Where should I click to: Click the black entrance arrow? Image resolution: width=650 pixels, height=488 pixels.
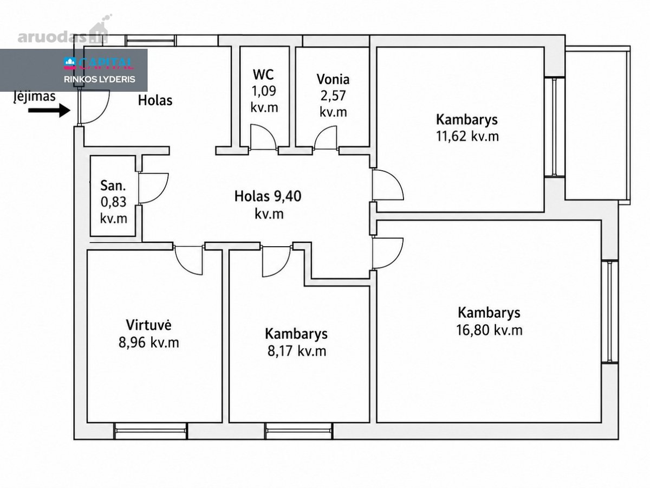pyautogui.click(x=49, y=111)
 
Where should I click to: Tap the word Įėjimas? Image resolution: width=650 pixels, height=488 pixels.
pyautogui.click(x=35, y=97)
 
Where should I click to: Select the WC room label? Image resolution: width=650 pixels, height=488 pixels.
pyautogui.click(x=263, y=75)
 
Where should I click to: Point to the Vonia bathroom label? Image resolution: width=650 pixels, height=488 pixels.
pyautogui.click(x=333, y=79)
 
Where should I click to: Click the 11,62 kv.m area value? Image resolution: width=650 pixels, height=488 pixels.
pyautogui.click(x=467, y=136)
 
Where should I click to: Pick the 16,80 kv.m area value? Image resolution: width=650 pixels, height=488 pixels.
pyautogui.click(x=489, y=330)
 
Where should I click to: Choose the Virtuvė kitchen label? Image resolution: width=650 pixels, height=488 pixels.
pyautogui.click(x=148, y=325)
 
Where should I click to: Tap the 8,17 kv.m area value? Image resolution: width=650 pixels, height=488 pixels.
pyautogui.click(x=297, y=351)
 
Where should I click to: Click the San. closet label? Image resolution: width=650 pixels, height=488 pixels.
pyautogui.click(x=113, y=186)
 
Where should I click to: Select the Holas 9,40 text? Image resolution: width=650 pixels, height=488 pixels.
pyautogui.click(x=268, y=196)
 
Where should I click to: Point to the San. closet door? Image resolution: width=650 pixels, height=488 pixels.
pyautogui.click(x=153, y=188)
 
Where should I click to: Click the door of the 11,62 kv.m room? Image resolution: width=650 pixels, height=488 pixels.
pyautogui.click(x=388, y=184)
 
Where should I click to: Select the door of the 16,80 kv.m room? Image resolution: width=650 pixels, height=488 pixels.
pyautogui.click(x=388, y=253)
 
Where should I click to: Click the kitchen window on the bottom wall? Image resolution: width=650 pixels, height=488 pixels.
pyautogui.click(x=151, y=431)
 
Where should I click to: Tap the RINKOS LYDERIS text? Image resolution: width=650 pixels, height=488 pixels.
pyautogui.click(x=100, y=79)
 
